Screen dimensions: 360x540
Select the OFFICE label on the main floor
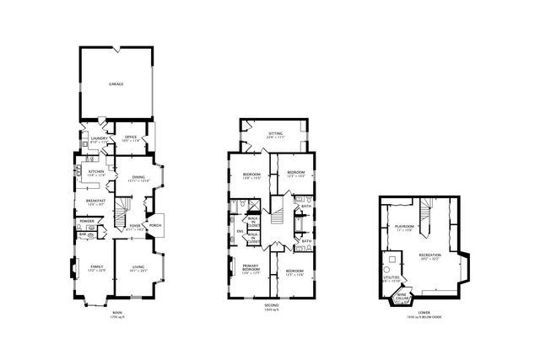[131, 137]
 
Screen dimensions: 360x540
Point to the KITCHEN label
[95, 172]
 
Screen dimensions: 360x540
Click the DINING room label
[138, 176]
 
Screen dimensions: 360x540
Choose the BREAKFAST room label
[95, 201]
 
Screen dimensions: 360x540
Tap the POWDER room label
[87, 221]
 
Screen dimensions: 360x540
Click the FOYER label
[133, 226]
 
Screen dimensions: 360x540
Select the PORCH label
[155, 225]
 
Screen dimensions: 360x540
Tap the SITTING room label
[275, 133]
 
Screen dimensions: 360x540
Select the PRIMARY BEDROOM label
[251, 268]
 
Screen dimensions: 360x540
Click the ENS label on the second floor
[240, 231]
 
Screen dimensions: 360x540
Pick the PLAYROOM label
[403, 228]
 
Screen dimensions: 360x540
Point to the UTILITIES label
[391, 277]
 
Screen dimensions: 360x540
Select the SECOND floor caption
[271, 304]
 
